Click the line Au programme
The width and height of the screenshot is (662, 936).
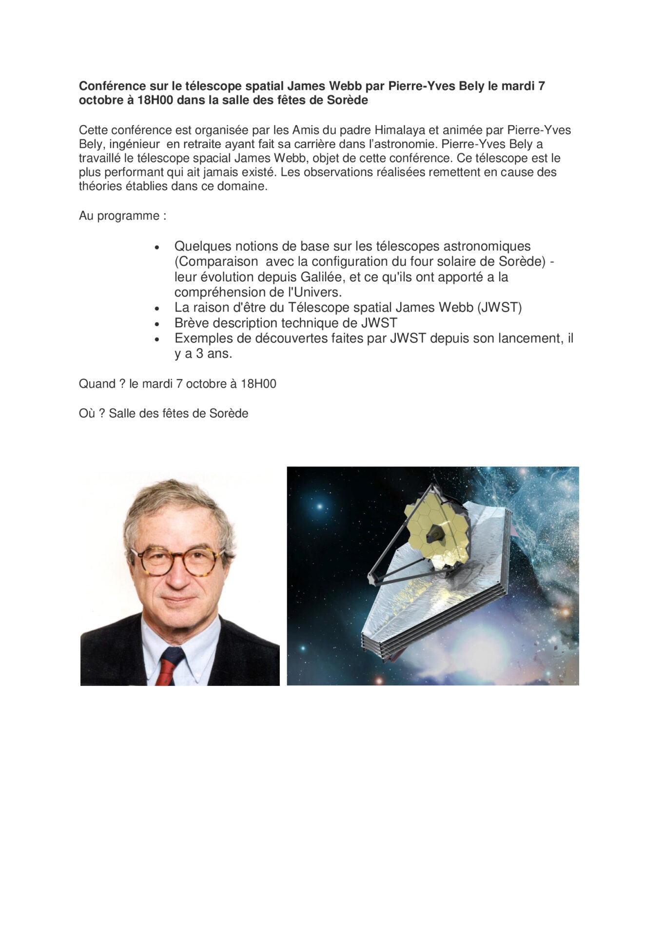[x=122, y=215]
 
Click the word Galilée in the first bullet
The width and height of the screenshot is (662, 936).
[x=320, y=277]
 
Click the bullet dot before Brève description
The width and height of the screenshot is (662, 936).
[x=157, y=324]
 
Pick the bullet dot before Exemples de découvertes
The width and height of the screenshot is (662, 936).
[x=157, y=339]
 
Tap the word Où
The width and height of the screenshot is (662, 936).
[x=87, y=413]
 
